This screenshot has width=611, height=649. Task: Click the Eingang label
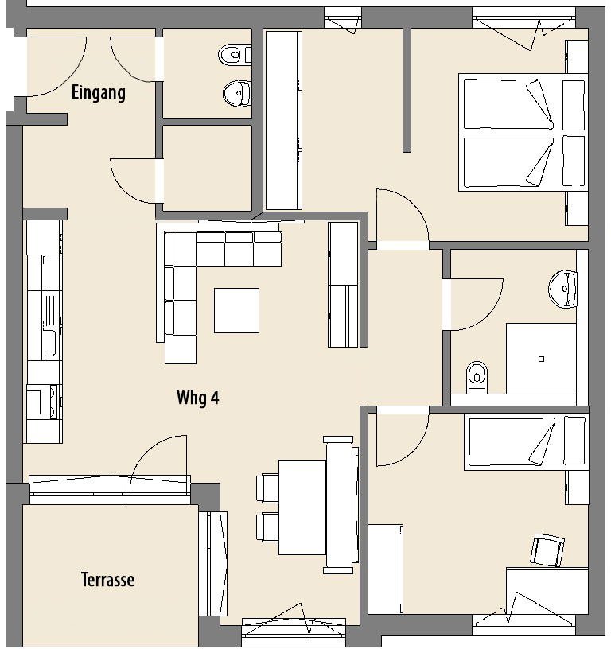pos(99,92)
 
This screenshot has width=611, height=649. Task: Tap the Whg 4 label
pos(198,398)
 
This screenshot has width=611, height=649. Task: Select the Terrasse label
pos(107,580)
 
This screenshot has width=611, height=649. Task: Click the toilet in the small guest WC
pos(235,55)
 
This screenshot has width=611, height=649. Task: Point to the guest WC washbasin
pos(237,94)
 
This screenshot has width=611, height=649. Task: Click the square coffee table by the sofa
pos(236,310)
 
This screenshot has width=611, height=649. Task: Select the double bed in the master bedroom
pos(523,133)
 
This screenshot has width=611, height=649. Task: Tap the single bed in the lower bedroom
pos(526,443)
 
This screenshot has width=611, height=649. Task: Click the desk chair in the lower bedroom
pos(547,550)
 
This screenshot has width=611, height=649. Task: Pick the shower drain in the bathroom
pos(541,359)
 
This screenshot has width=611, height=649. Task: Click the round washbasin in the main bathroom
pos(563,289)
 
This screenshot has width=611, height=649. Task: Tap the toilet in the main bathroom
pos(477,378)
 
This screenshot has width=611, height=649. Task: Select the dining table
pos(302,507)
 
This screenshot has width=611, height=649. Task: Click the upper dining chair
pos(267,488)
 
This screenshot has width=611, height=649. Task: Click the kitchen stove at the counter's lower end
pos(43,402)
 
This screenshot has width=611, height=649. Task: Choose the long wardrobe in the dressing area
pos(283,120)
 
